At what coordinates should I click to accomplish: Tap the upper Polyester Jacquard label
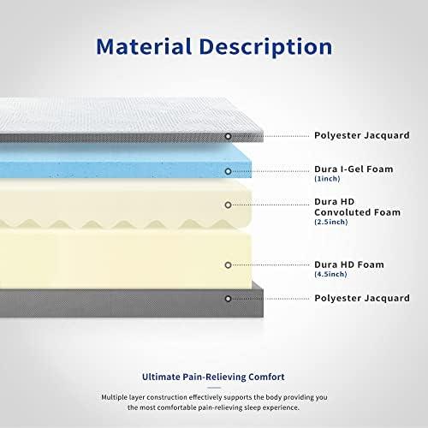pyautogui.click(x=361, y=135)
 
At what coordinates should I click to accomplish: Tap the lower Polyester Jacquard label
pyautogui.click(x=361, y=298)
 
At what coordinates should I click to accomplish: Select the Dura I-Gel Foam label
pyautogui.click(x=354, y=169)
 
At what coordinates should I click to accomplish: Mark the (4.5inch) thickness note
pyautogui.click(x=331, y=276)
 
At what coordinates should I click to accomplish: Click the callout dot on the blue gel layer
pyautogui.click(x=228, y=171)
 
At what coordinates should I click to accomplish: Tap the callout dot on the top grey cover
pyautogui.click(x=228, y=136)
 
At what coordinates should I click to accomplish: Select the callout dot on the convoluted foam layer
pyautogui.click(x=228, y=205)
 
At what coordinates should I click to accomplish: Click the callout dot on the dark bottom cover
pyautogui.click(x=228, y=298)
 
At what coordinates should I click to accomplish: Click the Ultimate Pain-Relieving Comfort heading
pyautogui.click(x=213, y=377)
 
